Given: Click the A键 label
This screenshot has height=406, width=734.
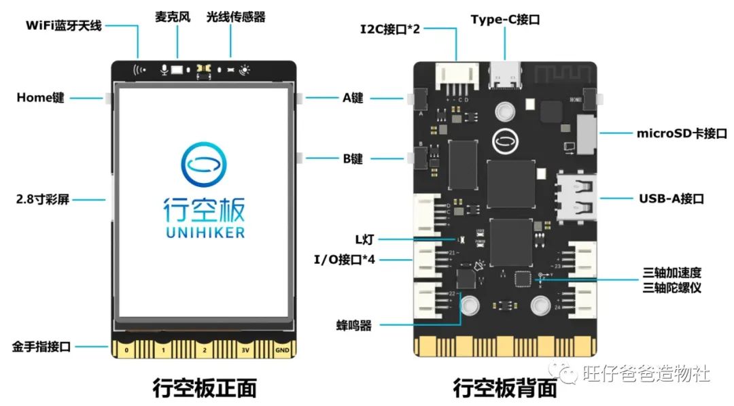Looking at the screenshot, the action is click(353, 98).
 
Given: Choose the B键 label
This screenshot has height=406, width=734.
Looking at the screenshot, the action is click(353, 159).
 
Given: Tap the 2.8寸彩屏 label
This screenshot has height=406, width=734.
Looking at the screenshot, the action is click(42, 200).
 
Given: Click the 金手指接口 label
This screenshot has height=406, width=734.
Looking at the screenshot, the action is click(41, 346).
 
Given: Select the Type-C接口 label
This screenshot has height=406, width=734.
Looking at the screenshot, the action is click(505, 20).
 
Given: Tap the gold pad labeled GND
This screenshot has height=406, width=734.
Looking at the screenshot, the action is click(282, 350).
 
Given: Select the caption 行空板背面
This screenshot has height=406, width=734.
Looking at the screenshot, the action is click(505, 388).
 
